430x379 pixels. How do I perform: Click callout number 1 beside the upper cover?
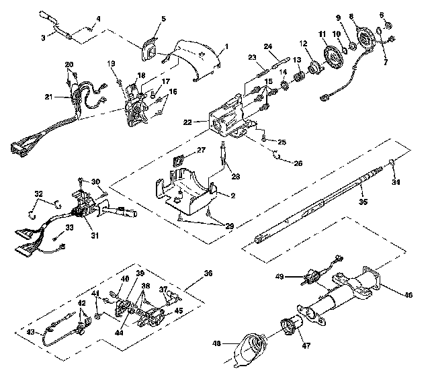pyautogui.click(x=226, y=46)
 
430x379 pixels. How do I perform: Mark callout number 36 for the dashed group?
pyautogui.click(x=208, y=273)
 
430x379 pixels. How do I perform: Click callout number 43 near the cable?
pyautogui.click(x=30, y=331)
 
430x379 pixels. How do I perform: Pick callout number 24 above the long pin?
pyautogui.click(x=267, y=46)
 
